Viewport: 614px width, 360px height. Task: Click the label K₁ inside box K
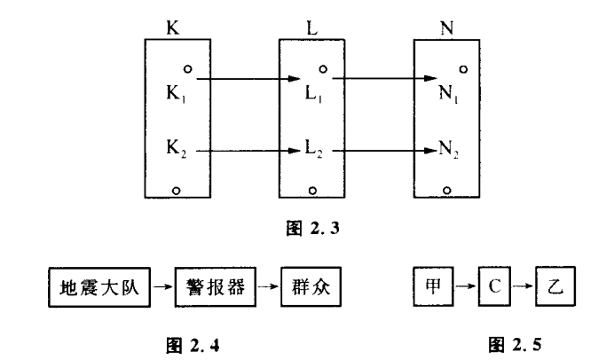click(x=176, y=90)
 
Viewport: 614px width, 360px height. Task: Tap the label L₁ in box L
click(x=304, y=90)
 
